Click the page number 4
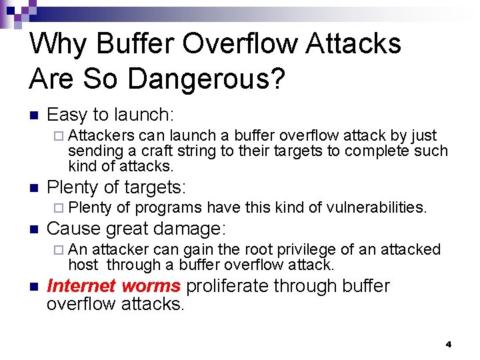coord(448,344)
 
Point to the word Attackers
coord(107,135)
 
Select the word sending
coord(95,151)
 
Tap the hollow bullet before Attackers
coord(60,136)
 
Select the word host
coord(83,265)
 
